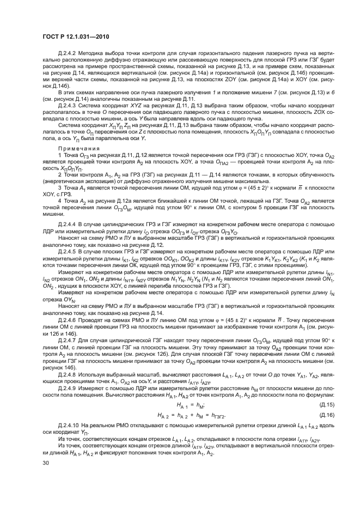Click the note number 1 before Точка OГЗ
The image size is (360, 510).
pos(60,156)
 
